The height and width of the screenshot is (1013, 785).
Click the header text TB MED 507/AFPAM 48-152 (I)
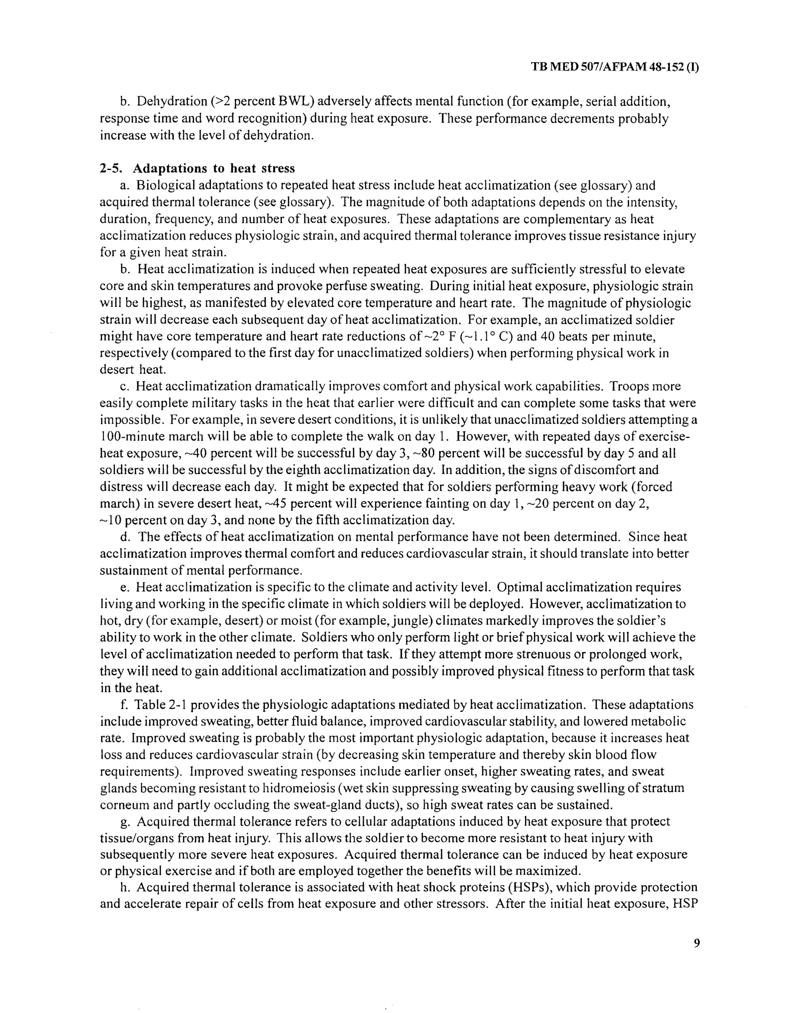(615, 67)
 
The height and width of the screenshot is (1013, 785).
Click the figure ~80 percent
(401, 453)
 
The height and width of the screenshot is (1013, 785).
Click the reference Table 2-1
(160, 704)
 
